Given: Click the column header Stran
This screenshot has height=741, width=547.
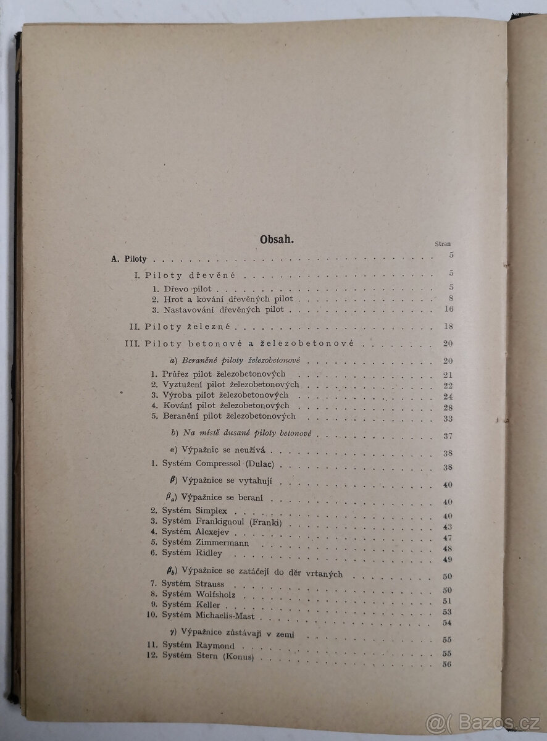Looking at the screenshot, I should point(443,244).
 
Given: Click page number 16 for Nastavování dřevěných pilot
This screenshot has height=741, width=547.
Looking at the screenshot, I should point(448,309).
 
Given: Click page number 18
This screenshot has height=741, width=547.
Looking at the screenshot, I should point(448,326).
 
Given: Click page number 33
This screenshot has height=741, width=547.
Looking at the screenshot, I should point(448,417).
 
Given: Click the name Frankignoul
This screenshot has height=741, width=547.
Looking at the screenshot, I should point(222,522).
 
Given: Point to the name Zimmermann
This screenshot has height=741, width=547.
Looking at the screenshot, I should point(223,543).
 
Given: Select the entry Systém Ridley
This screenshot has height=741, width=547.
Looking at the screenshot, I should point(191,553).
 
